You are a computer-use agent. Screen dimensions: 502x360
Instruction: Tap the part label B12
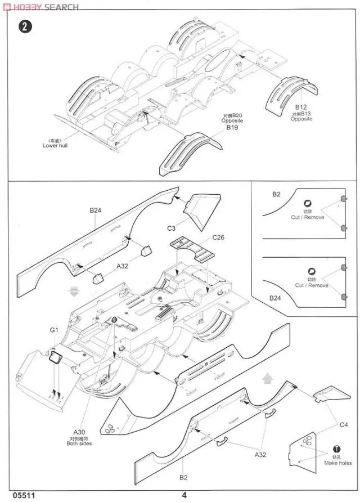click(x=301, y=107)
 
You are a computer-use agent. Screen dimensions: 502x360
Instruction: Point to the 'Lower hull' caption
click(x=55, y=145)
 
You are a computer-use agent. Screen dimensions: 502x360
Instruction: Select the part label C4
click(x=343, y=424)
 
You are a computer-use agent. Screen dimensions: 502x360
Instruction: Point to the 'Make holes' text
click(x=338, y=463)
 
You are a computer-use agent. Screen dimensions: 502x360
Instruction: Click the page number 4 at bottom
click(x=184, y=495)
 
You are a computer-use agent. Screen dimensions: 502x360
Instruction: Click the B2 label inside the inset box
click(x=276, y=194)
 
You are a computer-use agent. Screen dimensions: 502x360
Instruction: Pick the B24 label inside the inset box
click(x=276, y=298)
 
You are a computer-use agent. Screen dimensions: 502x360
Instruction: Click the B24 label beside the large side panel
click(x=95, y=210)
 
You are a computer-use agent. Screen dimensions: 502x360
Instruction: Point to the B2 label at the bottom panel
click(x=183, y=477)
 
